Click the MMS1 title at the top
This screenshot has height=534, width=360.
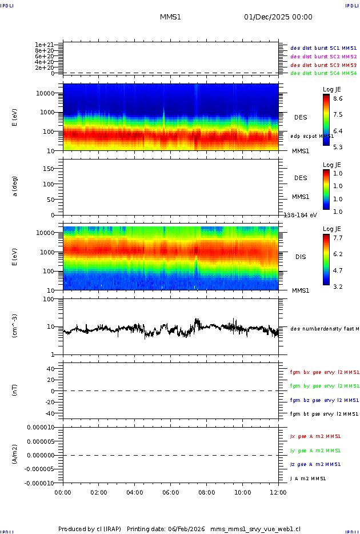[170, 17]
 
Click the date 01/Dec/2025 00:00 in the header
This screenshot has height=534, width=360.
[278, 17]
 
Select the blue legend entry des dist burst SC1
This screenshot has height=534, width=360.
[323, 49]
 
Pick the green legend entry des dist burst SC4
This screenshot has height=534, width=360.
[323, 73]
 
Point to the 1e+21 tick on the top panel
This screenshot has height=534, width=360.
[44, 45]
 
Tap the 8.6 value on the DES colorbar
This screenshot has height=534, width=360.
[338, 98]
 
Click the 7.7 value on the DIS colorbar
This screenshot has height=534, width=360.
[338, 237]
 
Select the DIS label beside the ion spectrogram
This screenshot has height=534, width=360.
[300, 257]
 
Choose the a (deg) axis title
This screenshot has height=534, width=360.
[15, 186]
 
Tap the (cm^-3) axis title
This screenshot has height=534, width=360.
[15, 326]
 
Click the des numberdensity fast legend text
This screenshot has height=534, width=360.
[323, 329]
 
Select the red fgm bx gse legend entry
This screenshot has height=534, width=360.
[323, 372]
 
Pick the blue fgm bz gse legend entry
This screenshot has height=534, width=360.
[323, 400]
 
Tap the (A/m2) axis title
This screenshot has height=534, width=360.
[15, 455]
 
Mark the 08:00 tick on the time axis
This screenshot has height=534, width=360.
[206, 492]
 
